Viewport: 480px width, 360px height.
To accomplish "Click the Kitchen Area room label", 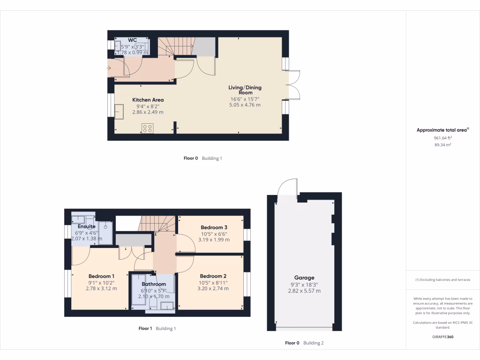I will [x=148, y=100].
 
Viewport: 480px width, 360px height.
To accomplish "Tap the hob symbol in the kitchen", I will [x=147, y=128].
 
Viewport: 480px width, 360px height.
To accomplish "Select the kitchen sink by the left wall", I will [x=119, y=111].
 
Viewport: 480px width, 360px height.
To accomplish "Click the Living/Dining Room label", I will [x=245, y=90].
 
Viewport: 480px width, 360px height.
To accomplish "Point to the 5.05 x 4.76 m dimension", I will [x=245, y=105].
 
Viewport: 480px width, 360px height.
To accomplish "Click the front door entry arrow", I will [x=109, y=69].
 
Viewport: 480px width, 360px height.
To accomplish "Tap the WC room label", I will [x=132, y=40].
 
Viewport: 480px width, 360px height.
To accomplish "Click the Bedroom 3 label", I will [x=214, y=227].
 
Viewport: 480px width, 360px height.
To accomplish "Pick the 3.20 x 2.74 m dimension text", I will [x=213, y=288].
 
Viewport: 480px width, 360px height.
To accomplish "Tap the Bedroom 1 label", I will [x=101, y=276].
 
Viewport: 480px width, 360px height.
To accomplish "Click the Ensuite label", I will [x=87, y=226].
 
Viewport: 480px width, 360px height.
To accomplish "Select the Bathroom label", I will [x=154, y=284].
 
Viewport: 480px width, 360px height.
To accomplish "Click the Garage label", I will [x=304, y=277].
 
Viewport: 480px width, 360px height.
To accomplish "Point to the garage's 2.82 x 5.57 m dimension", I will [x=304, y=291].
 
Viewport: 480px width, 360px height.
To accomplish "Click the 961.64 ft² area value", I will [x=442, y=138].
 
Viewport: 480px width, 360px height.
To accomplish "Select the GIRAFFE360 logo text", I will [x=442, y=337].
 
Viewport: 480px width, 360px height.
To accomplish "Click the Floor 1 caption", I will [x=145, y=329].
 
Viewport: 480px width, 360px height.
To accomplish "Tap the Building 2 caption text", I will [x=313, y=343].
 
